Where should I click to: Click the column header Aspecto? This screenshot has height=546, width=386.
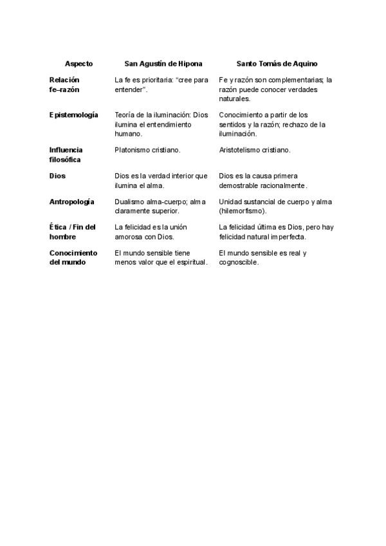(x=78, y=64)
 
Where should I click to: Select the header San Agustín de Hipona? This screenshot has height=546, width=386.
(x=163, y=64)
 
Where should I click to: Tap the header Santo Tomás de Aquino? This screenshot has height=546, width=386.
(x=277, y=64)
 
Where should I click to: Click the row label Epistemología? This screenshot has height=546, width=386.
(x=74, y=115)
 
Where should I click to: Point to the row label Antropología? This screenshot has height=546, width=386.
(x=72, y=202)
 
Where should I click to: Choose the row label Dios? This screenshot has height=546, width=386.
(x=57, y=175)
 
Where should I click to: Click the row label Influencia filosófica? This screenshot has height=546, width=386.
(x=66, y=155)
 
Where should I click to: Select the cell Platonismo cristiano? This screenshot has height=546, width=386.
(x=147, y=150)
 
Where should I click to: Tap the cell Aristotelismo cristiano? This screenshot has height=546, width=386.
(x=255, y=150)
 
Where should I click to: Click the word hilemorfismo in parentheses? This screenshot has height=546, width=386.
(x=242, y=211)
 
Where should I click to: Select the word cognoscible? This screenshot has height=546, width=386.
(x=239, y=262)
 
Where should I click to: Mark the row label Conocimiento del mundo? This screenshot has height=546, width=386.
(x=73, y=258)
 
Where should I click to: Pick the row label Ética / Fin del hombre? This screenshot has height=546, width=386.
(x=73, y=232)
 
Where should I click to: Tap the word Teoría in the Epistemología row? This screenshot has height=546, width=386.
(x=125, y=115)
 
